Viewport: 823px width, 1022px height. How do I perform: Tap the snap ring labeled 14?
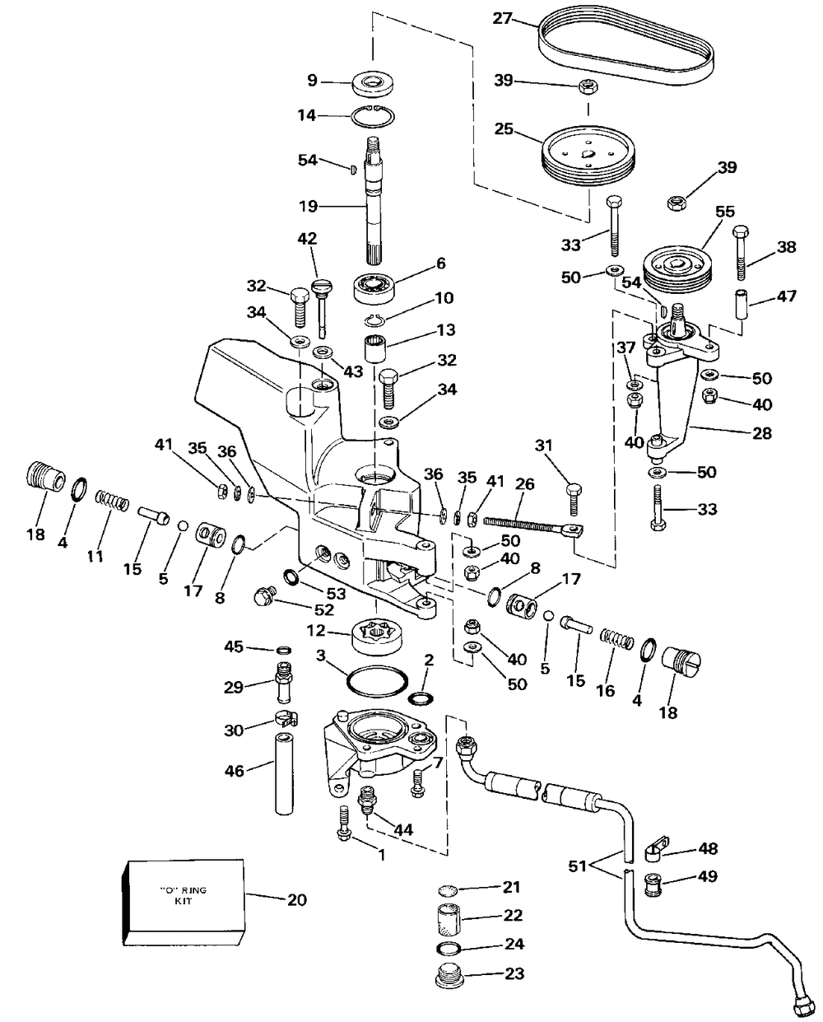coord(373,115)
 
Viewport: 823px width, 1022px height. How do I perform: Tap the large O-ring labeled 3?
coord(377,683)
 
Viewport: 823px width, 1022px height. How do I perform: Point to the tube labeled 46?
coord(284,773)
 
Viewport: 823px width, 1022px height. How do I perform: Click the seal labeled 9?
coord(373,82)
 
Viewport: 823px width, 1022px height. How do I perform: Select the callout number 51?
coord(578,866)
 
